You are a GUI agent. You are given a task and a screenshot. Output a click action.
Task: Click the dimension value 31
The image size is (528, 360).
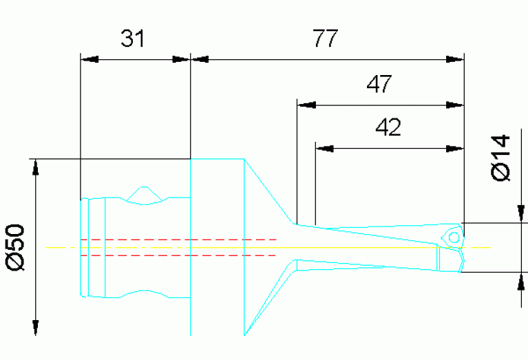point(133,39)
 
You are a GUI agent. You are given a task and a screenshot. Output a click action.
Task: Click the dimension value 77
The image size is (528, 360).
point(325,39)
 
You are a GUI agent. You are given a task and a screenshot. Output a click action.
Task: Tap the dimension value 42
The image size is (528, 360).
point(388,127)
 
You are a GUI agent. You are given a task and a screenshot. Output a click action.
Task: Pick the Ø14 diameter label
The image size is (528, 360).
point(502,157)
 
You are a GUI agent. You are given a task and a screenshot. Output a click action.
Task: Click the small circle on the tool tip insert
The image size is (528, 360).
point(454,237)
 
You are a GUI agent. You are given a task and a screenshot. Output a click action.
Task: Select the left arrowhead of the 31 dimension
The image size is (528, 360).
point(90,60)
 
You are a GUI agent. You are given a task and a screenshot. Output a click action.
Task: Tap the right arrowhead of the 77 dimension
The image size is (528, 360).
point(455,60)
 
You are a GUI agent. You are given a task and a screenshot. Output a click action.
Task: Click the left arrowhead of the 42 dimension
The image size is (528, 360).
point(325,148)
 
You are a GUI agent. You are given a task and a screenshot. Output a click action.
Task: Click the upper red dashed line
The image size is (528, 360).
point(179,240)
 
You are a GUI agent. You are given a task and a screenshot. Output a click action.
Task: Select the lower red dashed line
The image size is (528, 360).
point(179,255)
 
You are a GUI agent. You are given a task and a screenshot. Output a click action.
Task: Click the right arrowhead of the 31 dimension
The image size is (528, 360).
point(180,60)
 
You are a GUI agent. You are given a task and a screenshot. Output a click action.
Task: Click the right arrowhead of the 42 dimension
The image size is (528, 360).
point(455,148)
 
